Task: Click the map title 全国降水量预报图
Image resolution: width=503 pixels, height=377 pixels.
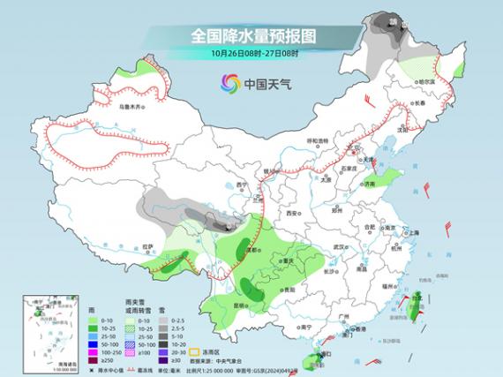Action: coord(252,36)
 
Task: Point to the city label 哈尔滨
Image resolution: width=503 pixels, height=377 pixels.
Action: coord(426,80)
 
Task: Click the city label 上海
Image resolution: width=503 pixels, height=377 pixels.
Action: coord(410,231)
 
